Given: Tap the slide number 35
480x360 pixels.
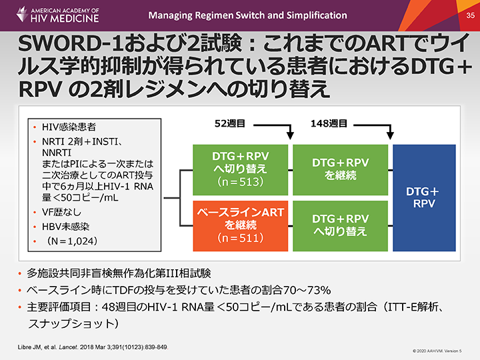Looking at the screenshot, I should [469, 14].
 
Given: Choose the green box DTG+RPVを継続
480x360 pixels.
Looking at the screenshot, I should [339, 169].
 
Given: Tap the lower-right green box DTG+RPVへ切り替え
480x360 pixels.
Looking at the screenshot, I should [339, 224].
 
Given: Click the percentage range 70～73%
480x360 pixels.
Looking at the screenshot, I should [313, 290].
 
